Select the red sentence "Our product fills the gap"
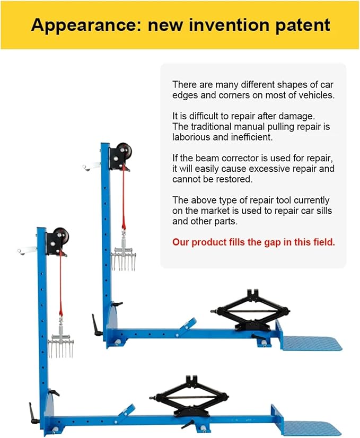253,242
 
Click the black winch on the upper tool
120,155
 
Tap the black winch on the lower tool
57,240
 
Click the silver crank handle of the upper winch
90,167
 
